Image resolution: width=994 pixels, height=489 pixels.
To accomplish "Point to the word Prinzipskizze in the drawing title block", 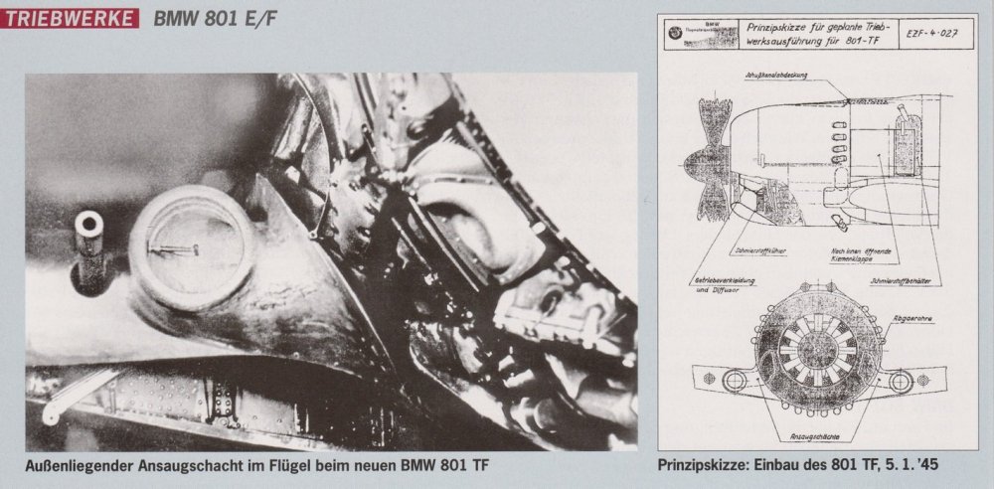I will [x=779, y=25].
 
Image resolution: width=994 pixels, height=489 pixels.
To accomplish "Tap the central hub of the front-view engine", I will [x=820, y=355].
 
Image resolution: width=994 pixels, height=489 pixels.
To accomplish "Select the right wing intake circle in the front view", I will [x=908, y=379].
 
